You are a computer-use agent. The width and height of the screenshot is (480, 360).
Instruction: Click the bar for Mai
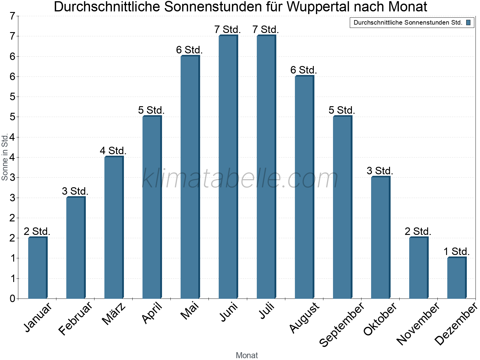[x=190, y=177]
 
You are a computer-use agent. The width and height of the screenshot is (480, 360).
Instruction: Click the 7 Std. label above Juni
[x=227, y=30]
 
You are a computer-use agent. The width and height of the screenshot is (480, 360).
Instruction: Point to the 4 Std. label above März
[x=113, y=151]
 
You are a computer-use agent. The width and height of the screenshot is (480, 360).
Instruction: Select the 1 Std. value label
[x=456, y=251]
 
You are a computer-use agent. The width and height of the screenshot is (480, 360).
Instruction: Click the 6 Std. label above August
[x=304, y=70]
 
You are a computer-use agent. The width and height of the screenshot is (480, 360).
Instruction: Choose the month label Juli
[x=267, y=311]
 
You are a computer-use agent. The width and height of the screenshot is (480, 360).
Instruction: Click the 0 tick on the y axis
[x=12, y=298]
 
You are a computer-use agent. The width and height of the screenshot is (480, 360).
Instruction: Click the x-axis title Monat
[x=247, y=355]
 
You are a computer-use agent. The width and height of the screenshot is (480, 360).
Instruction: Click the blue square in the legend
[x=468, y=22]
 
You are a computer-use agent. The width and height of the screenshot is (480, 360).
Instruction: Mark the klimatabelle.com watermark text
[x=240, y=178]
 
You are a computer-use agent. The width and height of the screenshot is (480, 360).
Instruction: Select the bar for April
[x=152, y=207]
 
